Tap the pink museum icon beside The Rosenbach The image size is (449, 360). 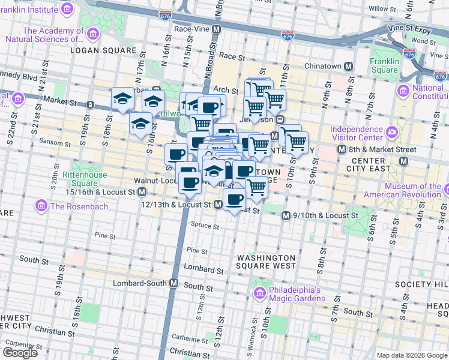[41, 206]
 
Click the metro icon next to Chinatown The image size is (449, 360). [348, 65]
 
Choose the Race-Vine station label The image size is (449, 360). [191, 28]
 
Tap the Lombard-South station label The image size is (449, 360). [139, 283]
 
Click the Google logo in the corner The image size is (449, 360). [20, 353]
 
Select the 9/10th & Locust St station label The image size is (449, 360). [327, 215]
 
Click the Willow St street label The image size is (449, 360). [379, 8]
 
